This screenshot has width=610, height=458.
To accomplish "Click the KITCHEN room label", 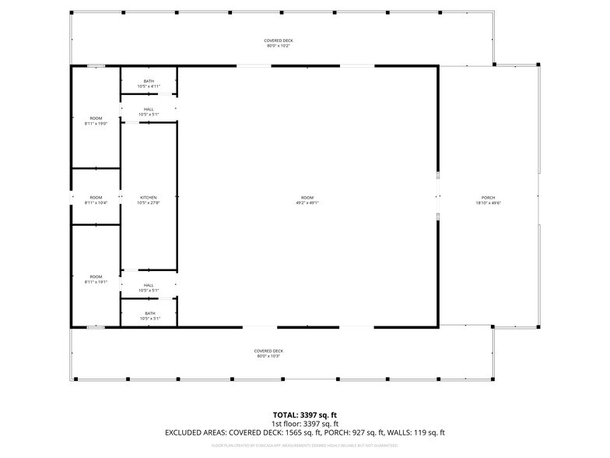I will pyautogui.click(x=149, y=198).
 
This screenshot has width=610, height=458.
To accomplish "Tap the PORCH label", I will pyautogui.click(x=488, y=198).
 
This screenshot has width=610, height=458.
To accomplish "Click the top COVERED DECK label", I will pyautogui.click(x=278, y=41).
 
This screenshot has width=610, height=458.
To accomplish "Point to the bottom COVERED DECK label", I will pyautogui.click(x=268, y=351).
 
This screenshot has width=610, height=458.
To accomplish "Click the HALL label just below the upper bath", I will pyautogui.click(x=149, y=109).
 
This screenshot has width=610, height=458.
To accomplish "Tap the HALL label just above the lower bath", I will pyautogui.click(x=149, y=285).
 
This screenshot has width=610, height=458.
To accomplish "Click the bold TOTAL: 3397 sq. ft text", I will pyautogui.click(x=304, y=414).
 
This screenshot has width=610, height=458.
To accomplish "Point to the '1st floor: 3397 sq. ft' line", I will pyautogui.click(x=304, y=423).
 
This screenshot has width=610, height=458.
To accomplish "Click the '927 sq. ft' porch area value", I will pyautogui.click(x=381, y=432).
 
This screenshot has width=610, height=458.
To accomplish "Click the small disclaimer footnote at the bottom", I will pyautogui.click(x=304, y=446).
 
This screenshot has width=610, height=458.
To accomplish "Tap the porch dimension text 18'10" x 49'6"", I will pyautogui.click(x=488, y=203).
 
